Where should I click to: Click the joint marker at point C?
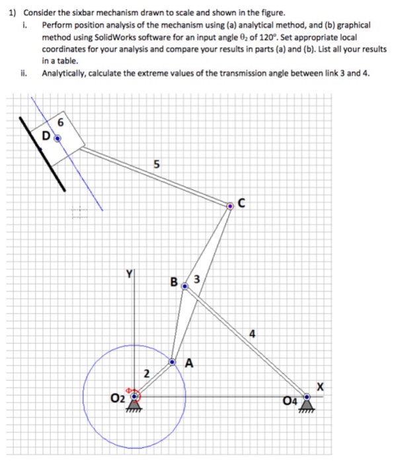[x=230, y=206]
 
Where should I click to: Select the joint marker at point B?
[x=184, y=286]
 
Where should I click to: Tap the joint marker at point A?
[x=173, y=362]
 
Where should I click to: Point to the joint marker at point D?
[x=57, y=138]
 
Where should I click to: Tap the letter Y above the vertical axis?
[x=130, y=273]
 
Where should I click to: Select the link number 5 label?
[x=156, y=165]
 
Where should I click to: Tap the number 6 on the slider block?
[x=61, y=122]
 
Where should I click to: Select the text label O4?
[x=289, y=400]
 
